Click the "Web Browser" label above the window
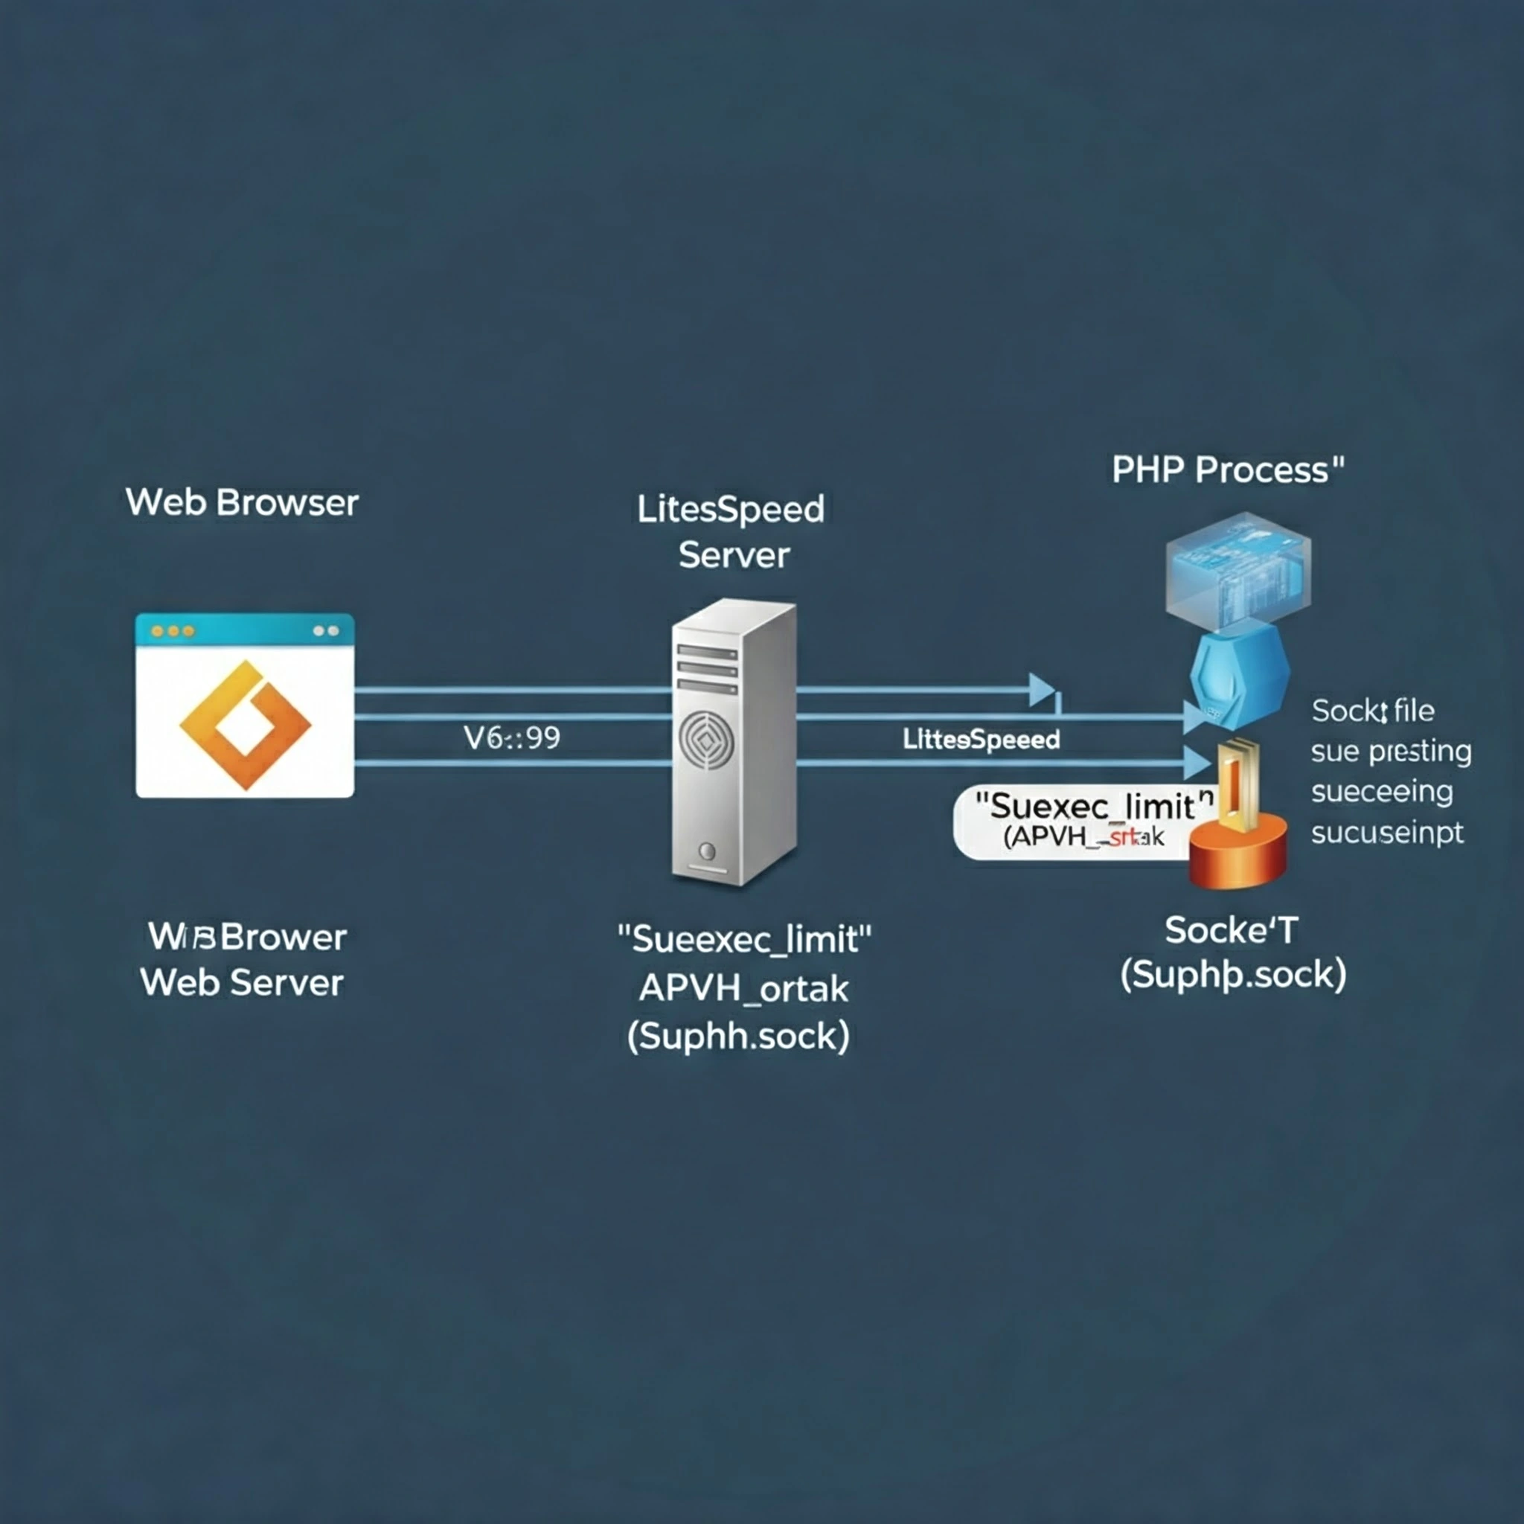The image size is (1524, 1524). pos(241,502)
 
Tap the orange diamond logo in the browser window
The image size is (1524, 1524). pos(246,724)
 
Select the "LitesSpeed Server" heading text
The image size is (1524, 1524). pos(731,531)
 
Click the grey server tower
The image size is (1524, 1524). pos(734,741)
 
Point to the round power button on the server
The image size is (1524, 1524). pos(708,851)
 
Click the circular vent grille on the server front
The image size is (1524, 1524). pos(707,740)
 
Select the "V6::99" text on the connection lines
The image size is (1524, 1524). pos(512,737)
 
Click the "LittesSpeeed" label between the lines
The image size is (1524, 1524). pos(981,739)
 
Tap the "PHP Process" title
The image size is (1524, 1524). pos(1227,470)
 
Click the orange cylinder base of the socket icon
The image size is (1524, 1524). pos(1238,852)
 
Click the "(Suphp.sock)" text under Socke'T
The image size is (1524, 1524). pos(1233,975)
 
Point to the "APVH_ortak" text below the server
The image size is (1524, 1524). pos(743,987)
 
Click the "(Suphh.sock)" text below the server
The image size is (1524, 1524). pos(738,1036)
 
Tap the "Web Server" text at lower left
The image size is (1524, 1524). pos(241,983)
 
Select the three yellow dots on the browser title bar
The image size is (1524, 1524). pos(173,631)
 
